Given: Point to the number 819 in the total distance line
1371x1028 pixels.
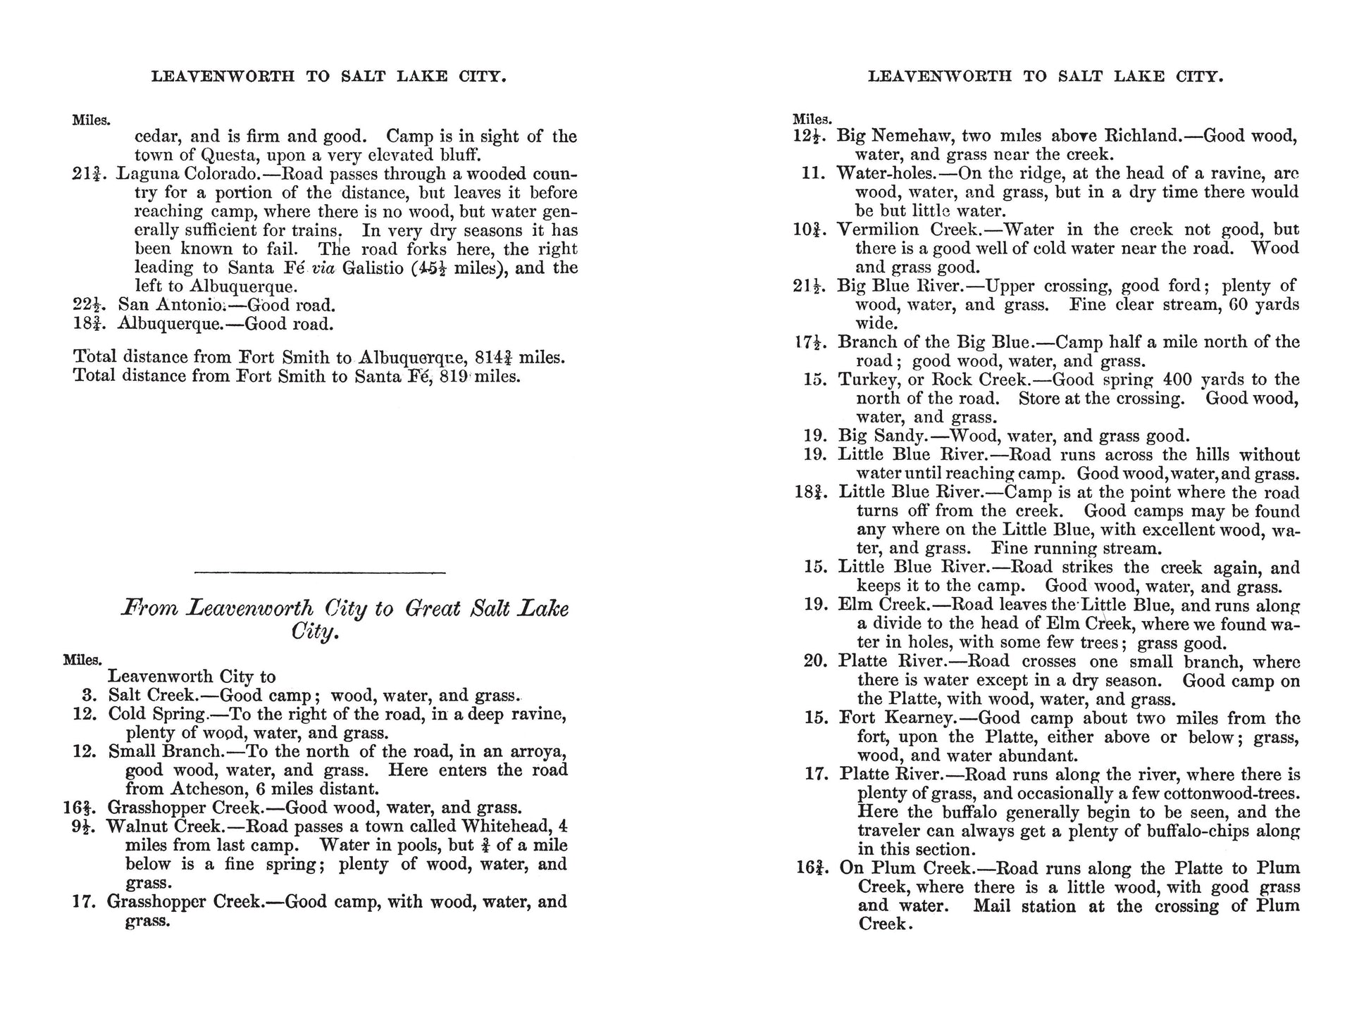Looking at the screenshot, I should point(453,376).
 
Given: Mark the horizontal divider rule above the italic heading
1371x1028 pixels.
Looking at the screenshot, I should point(319,572).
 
